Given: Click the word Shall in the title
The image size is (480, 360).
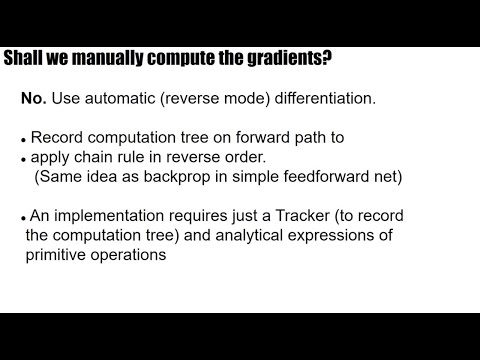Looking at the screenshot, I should [24, 59].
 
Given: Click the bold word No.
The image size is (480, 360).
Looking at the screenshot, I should [34, 101].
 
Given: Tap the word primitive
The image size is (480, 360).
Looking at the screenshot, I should [58, 254].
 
